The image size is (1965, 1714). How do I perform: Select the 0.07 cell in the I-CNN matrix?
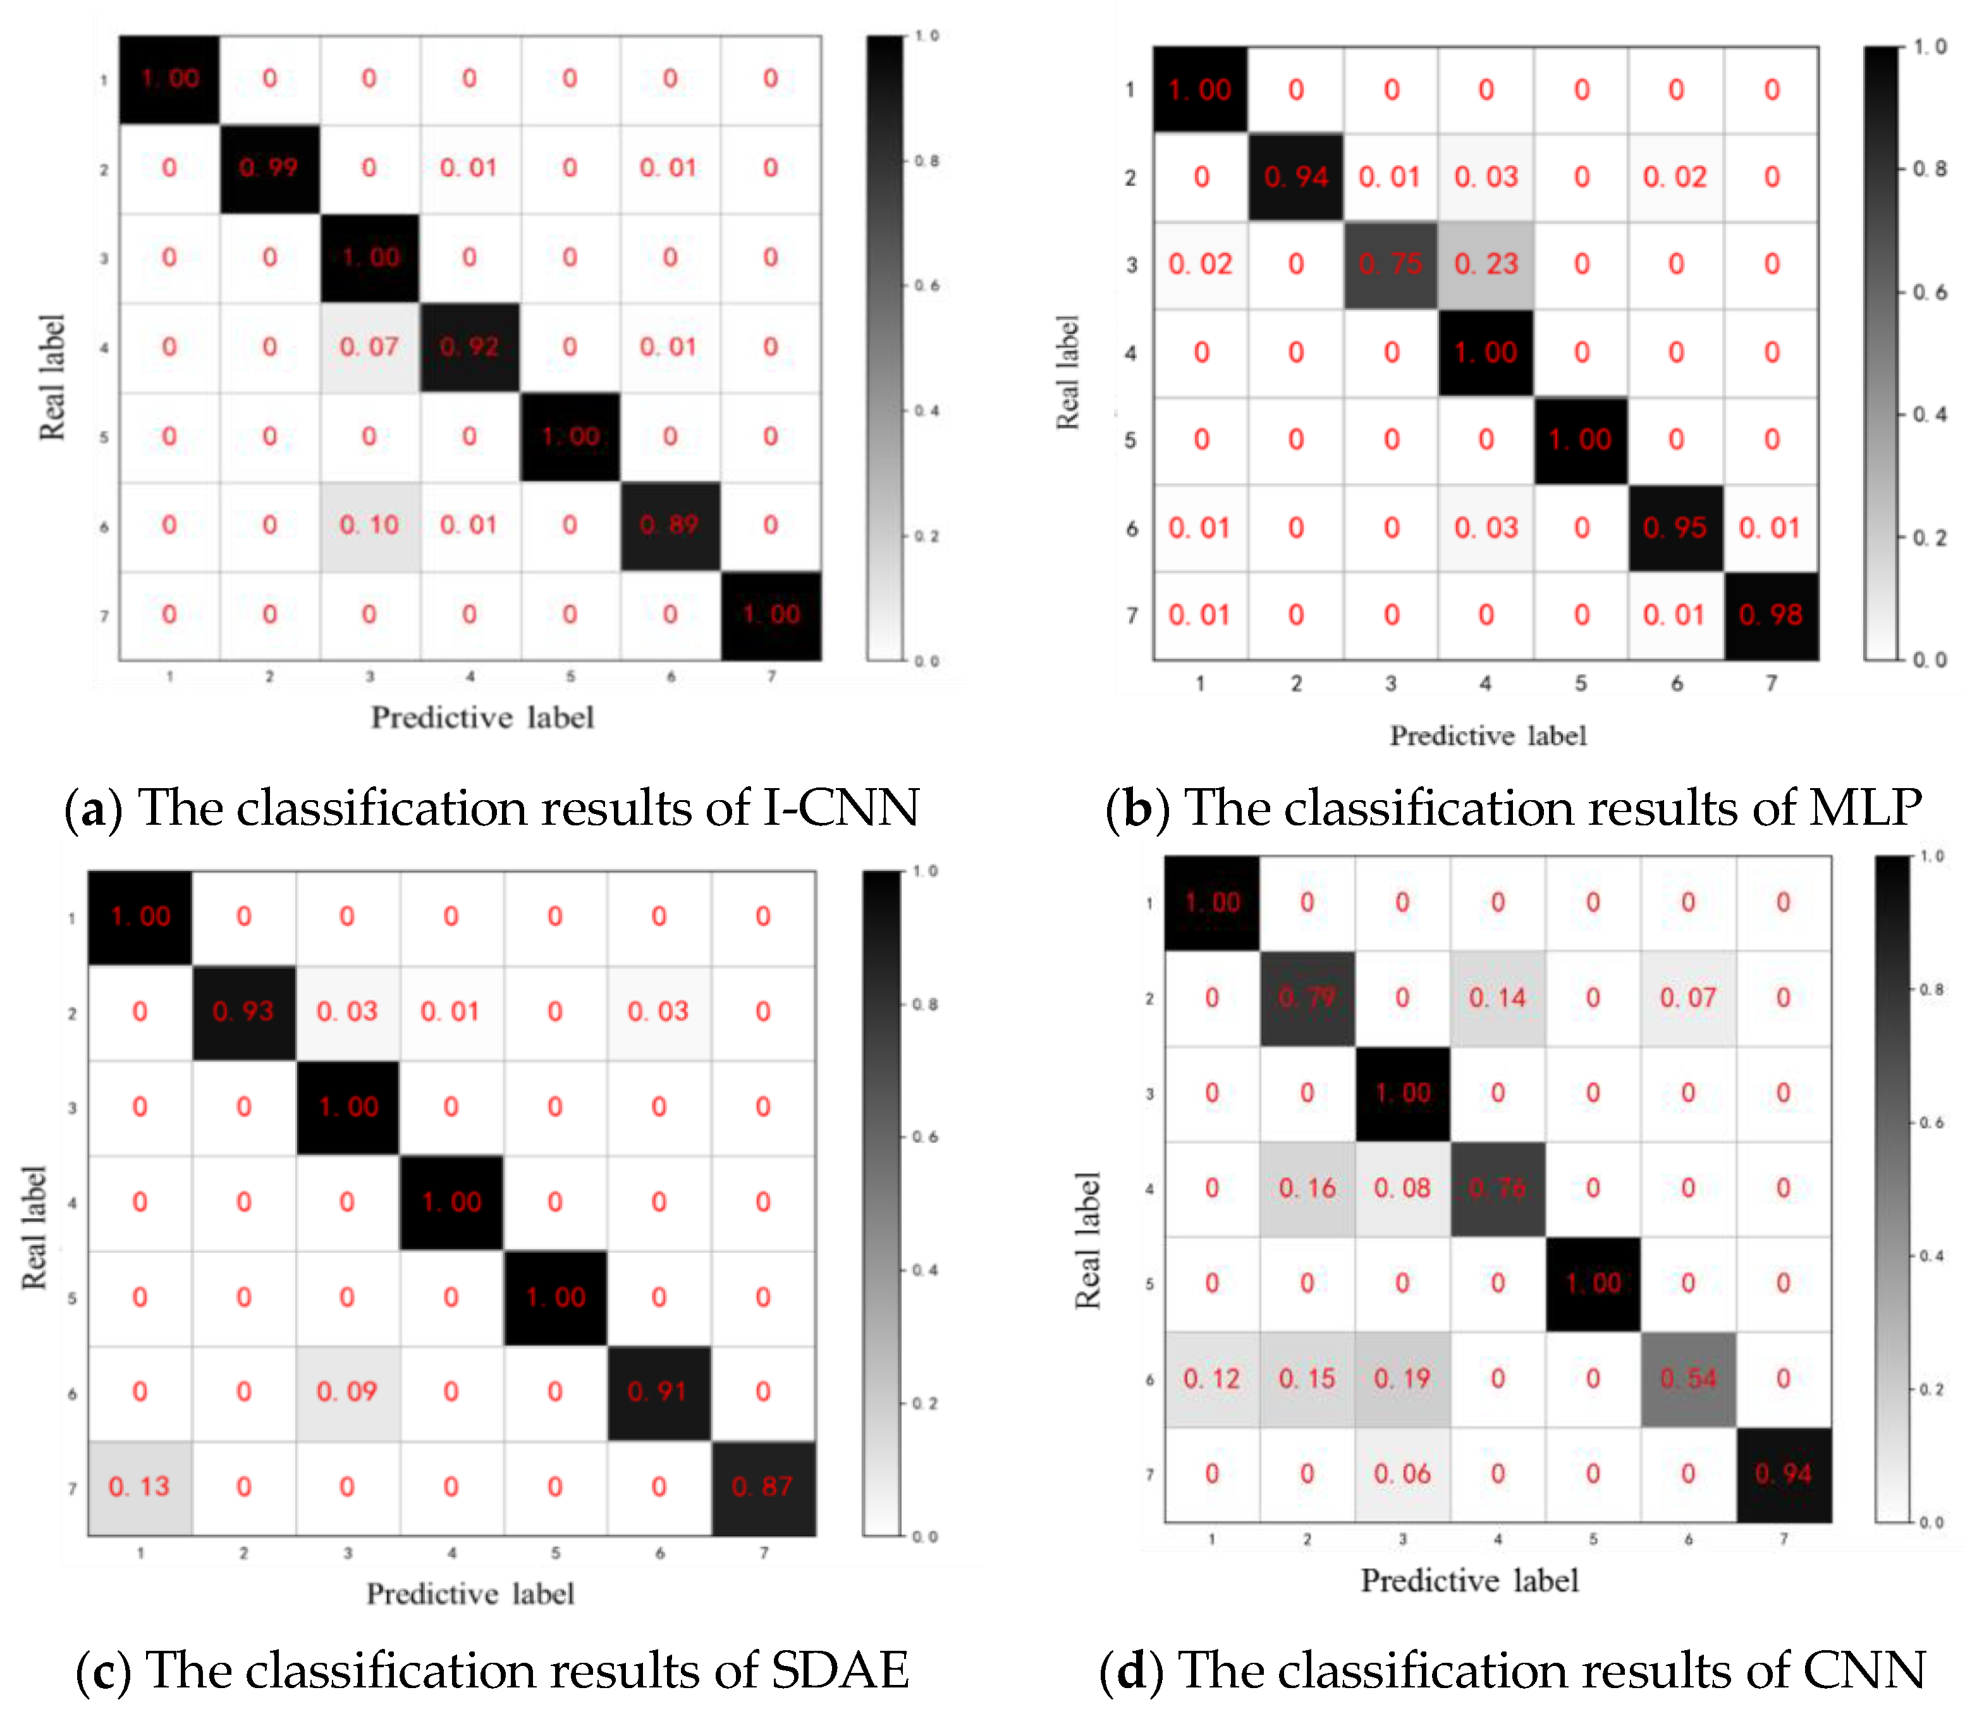369,347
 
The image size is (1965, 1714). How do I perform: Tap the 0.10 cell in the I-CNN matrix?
369,525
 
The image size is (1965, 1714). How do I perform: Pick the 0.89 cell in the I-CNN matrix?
670,525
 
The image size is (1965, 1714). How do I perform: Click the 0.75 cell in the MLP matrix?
1391,264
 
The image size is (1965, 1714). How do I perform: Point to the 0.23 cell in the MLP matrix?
1486,264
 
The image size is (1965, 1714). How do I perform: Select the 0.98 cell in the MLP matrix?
1771,615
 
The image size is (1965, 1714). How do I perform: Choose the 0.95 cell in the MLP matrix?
1675,528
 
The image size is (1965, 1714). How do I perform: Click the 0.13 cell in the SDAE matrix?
140,1487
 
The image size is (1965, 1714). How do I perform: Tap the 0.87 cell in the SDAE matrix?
762,1487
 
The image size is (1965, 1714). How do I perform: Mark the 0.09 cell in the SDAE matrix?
347,1392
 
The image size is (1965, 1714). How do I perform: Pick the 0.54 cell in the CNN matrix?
1689,1379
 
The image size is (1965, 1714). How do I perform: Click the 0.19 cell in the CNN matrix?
1402,1379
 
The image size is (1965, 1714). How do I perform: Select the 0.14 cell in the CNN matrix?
1498,999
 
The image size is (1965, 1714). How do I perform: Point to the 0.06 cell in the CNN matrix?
1402,1474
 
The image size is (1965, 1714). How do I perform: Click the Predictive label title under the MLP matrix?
1488,736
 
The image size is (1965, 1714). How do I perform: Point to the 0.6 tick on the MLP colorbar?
1930,293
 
